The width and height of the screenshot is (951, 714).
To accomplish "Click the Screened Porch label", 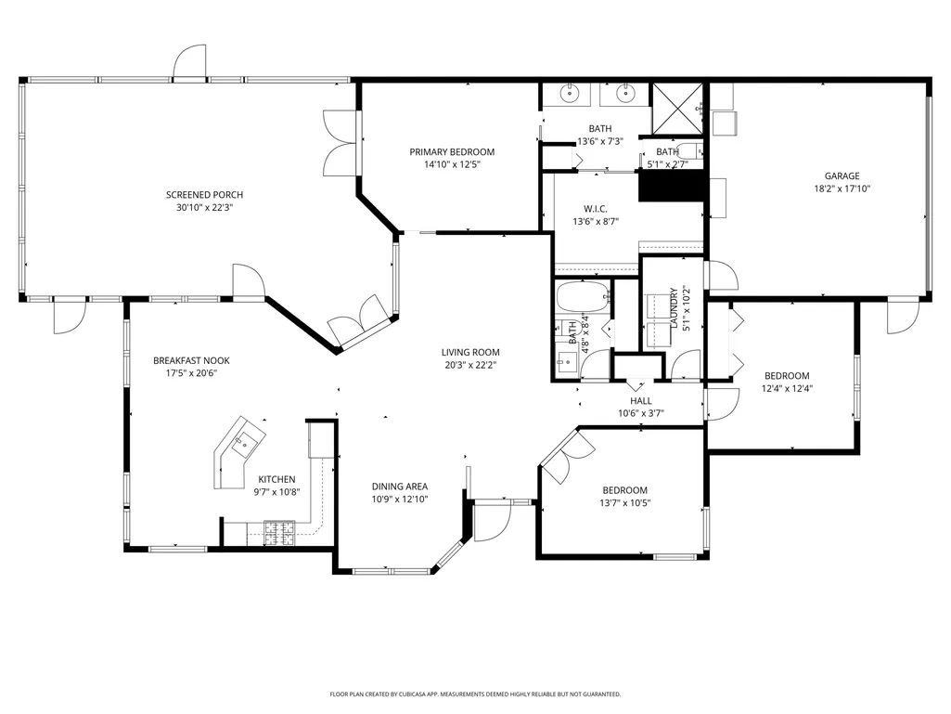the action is pyautogui.click(x=204, y=195).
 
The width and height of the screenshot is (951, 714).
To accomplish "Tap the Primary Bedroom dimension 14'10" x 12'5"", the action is pyautogui.click(x=452, y=164).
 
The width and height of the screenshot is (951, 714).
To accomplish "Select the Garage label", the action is pyautogui.click(x=842, y=176).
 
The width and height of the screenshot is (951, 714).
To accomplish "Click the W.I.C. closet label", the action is pyautogui.click(x=596, y=209).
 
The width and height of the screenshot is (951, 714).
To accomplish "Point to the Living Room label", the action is pyautogui.click(x=470, y=352).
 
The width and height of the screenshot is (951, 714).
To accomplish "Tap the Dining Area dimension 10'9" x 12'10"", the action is pyautogui.click(x=400, y=500).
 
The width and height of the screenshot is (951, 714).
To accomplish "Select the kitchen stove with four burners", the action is pyautogui.click(x=279, y=532).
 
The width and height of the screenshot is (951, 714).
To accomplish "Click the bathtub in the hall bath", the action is pyautogui.click(x=583, y=297).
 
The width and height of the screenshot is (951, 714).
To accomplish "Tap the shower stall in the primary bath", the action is pyautogui.click(x=677, y=108).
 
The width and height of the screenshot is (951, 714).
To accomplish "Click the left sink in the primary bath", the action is pyautogui.click(x=570, y=94).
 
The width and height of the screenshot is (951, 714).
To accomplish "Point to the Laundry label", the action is pyautogui.click(x=674, y=308).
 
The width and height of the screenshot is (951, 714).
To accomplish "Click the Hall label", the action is pyautogui.click(x=641, y=401).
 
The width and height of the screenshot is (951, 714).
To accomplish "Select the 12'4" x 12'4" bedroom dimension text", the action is pyautogui.click(x=788, y=389).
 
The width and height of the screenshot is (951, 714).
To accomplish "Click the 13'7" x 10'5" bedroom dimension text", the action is pyautogui.click(x=625, y=502).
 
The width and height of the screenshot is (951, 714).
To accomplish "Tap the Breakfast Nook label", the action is pyautogui.click(x=192, y=360).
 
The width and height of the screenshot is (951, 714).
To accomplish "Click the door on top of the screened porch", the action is pyautogui.click(x=189, y=61).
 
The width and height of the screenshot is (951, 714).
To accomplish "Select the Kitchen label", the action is pyautogui.click(x=277, y=480).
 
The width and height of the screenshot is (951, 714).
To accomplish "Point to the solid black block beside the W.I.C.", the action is pyautogui.click(x=672, y=186).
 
